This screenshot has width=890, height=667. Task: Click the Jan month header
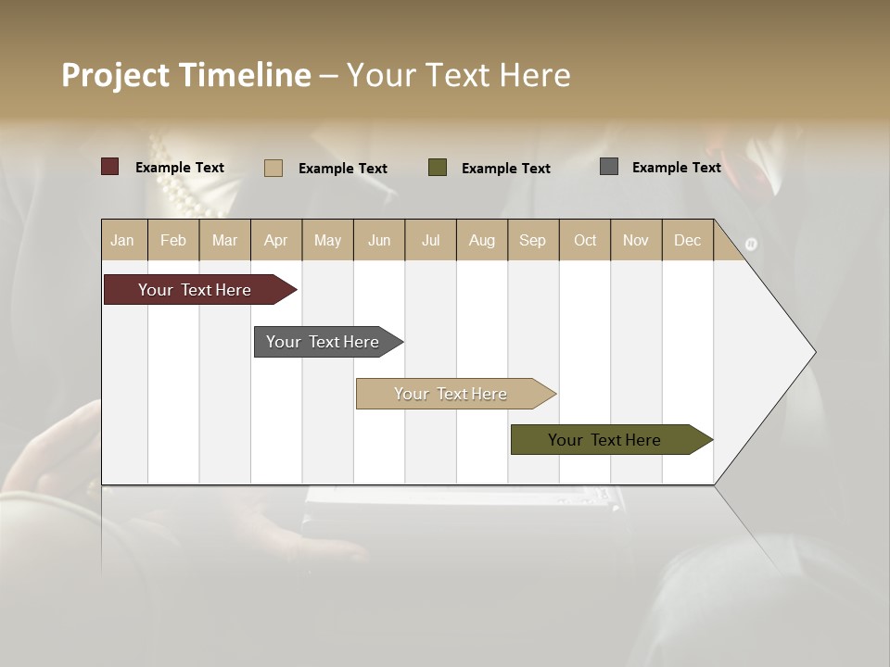coord(123,240)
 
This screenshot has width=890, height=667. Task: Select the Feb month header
coord(173,240)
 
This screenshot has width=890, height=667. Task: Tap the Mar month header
coord(224,240)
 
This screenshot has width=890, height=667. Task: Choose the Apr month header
coord(276,240)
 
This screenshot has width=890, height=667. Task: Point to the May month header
coord(327,240)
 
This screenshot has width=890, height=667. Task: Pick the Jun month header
coord(379,240)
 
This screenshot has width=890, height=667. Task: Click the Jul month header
coord(430,240)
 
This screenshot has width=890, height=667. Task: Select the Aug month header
coord(482,240)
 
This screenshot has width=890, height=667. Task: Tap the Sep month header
coord(533,240)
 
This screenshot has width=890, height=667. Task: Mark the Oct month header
coord(585,240)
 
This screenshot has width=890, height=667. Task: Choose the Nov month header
coord(636,240)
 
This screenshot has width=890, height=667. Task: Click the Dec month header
coord(688,240)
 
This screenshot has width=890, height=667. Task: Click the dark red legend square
coord(110,167)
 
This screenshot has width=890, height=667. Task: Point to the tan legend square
coord(273,168)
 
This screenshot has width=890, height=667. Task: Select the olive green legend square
coord(438,168)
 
